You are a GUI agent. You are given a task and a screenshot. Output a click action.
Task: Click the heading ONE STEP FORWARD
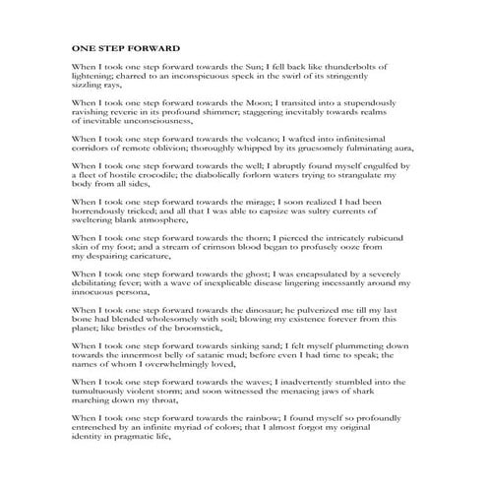[x=126, y=47]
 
